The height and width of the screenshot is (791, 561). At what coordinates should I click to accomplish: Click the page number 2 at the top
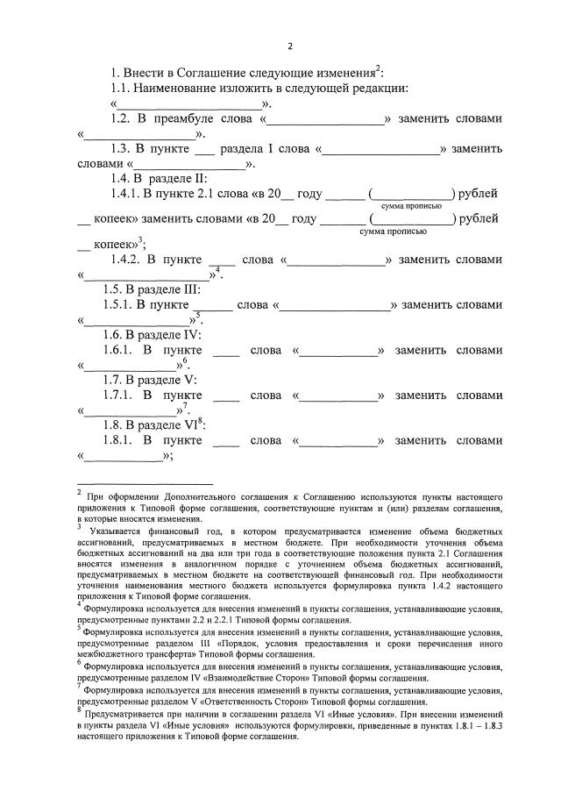pos(290,46)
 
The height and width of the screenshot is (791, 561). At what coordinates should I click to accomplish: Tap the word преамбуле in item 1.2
pos(194,119)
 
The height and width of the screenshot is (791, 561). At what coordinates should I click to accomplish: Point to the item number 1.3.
pos(119,149)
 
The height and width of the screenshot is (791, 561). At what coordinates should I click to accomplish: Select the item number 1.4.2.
pos(129,260)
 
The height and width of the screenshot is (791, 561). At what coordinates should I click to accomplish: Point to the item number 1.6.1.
pos(123,350)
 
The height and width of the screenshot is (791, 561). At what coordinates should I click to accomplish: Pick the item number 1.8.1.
pos(123,440)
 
